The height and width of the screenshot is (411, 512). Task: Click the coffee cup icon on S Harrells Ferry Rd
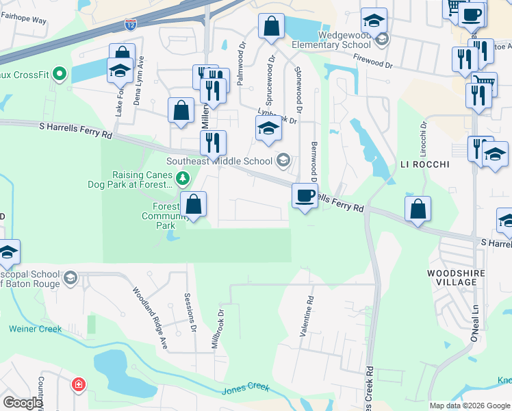click(x=305, y=197)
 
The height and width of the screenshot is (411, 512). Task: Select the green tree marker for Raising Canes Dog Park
click(x=182, y=179)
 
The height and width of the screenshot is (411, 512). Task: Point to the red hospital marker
click(x=79, y=385)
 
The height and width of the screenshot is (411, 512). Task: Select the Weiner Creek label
click(x=35, y=329)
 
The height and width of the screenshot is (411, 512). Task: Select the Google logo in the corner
click(x=22, y=402)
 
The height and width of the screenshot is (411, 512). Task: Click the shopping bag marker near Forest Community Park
click(x=194, y=204)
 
